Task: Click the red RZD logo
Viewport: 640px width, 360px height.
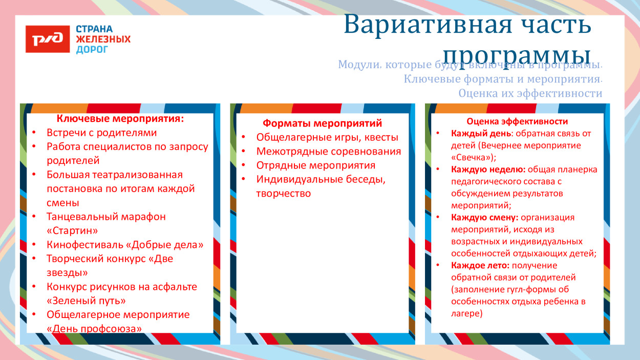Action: [48, 39]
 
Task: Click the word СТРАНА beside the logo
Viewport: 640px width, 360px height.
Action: [94, 29]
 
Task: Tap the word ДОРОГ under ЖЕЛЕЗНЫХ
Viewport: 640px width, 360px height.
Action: [92, 50]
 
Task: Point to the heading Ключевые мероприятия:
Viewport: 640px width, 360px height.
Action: [120, 119]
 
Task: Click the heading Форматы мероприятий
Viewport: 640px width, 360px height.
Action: [322, 123]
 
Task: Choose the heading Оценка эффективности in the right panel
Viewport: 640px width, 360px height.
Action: [517, 121]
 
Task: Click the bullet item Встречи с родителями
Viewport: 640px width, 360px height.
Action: [101, 133]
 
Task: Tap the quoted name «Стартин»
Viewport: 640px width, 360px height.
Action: [72, 230]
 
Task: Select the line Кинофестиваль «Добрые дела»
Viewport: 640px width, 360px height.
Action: [125, 245]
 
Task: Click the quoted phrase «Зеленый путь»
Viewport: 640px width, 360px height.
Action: [86, 301]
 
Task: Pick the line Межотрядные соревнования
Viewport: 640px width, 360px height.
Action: [328, 152]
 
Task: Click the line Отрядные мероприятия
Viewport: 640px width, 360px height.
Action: [315, 165]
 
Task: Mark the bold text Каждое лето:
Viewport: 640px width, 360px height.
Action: [480, 265]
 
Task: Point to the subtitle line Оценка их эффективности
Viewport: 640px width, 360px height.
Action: [530, 94]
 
